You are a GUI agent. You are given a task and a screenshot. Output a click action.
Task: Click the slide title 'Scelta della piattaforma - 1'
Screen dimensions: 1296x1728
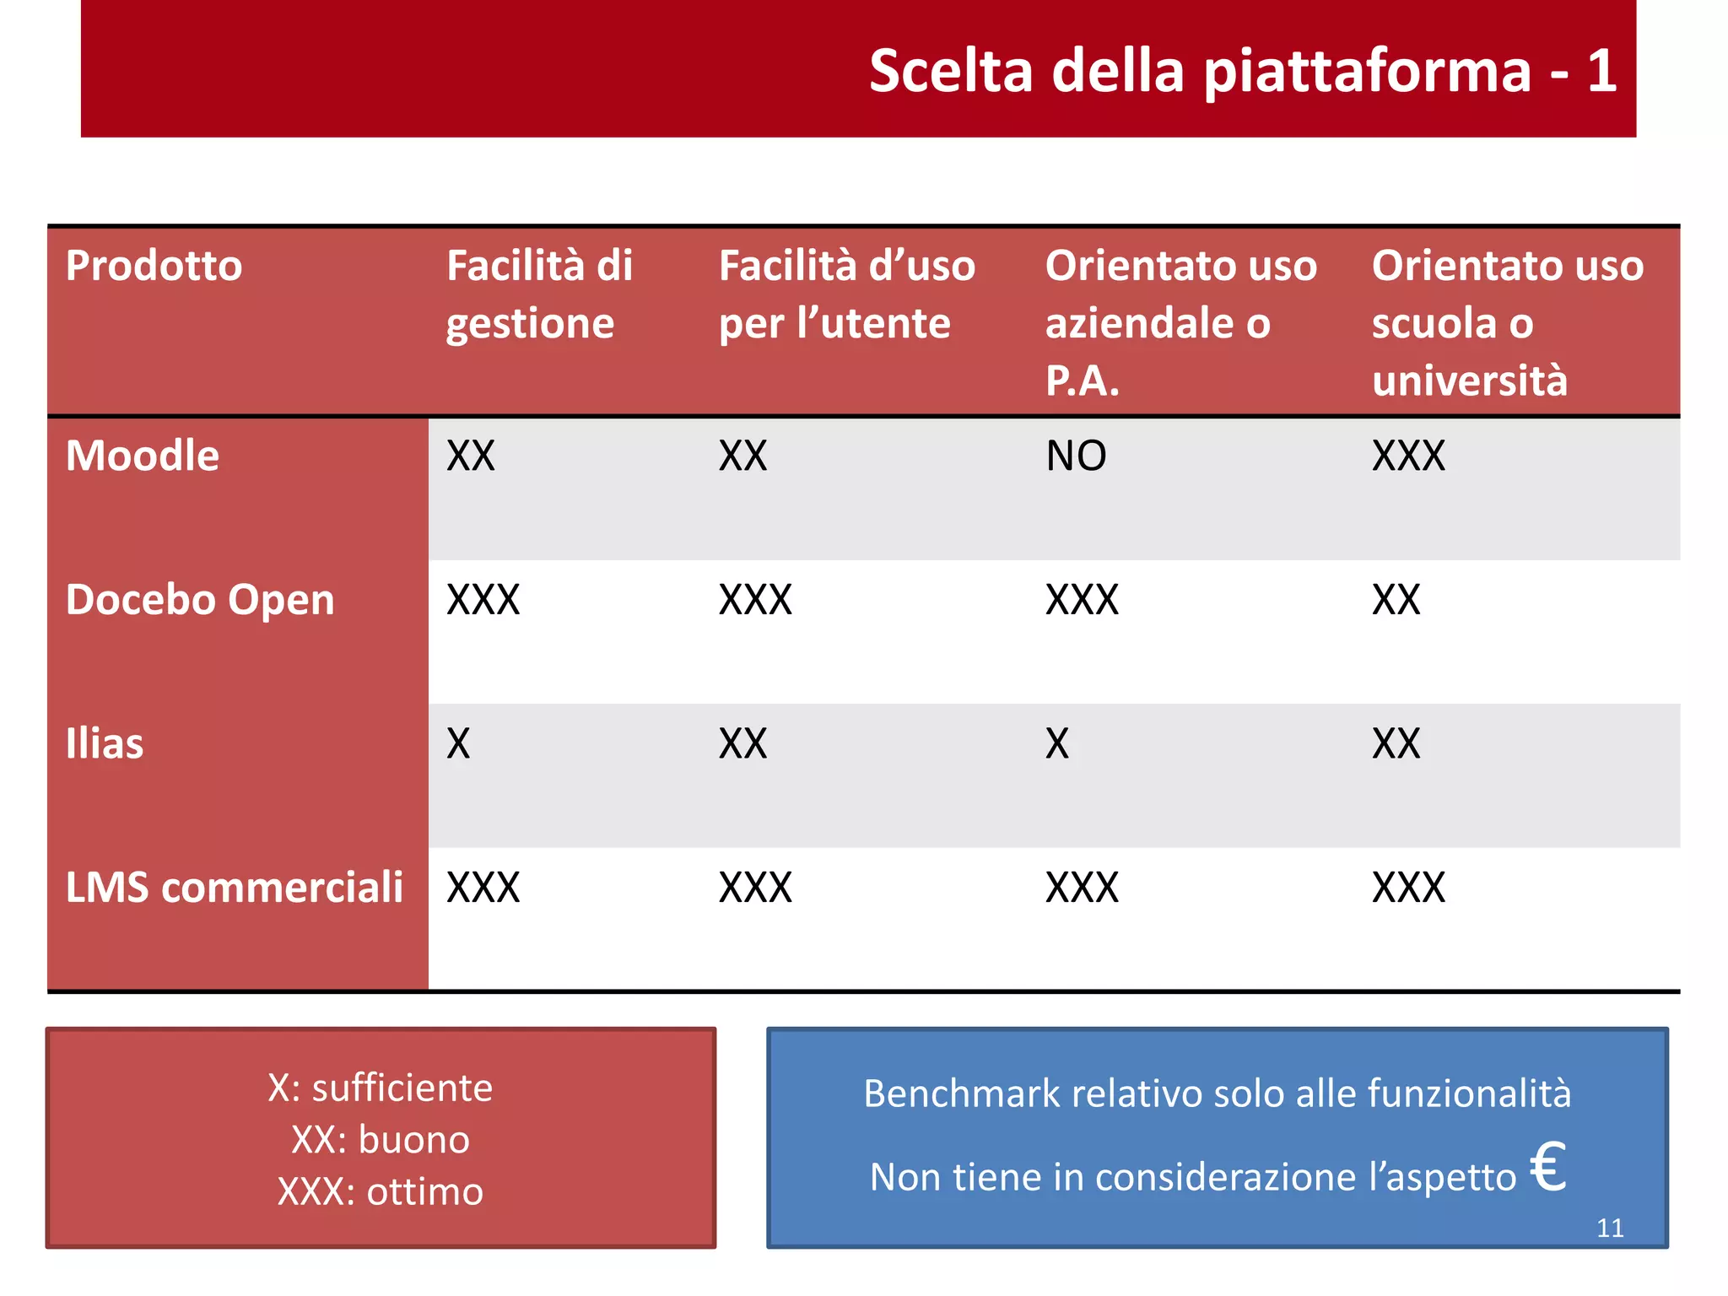(1242, 71)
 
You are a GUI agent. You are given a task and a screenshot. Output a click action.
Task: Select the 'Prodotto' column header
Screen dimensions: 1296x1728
(154, 267)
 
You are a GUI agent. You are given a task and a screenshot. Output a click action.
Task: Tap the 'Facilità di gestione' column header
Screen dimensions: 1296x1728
(539, 294)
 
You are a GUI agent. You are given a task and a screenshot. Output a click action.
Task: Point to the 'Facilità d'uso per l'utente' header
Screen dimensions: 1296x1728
(846, 294)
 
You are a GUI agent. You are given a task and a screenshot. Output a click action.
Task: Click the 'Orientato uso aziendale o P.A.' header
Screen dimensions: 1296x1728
(1180, 322)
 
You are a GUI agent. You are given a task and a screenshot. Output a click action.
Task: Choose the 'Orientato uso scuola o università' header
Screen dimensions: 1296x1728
(1507, 322)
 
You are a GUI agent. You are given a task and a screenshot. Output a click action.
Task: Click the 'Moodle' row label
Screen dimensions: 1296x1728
(143, 456)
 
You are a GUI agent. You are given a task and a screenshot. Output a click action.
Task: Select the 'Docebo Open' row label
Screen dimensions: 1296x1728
(200, 601)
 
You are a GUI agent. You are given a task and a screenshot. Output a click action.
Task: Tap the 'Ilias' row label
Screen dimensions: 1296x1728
(105, 744)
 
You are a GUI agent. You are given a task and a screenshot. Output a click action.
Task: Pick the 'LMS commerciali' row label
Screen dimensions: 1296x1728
(235, 888)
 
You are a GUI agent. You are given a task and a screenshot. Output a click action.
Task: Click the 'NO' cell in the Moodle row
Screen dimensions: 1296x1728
(1076, 456)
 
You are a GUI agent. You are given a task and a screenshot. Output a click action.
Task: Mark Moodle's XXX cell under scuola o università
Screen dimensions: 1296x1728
(1408, 456)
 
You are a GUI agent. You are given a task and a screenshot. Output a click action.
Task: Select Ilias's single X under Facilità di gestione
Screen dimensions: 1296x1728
(458, 744)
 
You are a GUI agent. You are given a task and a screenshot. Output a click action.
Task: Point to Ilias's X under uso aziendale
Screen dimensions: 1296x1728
(1057, 744)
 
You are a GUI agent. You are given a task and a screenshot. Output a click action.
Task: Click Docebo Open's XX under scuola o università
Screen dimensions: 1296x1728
(1396, 601)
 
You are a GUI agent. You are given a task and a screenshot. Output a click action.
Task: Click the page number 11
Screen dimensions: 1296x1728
(1610, 1228)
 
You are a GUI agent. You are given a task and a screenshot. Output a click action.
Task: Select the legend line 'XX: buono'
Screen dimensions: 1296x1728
(381, 1140)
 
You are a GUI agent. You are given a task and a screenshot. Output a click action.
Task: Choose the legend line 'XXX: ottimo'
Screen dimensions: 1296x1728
(381, 1192)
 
